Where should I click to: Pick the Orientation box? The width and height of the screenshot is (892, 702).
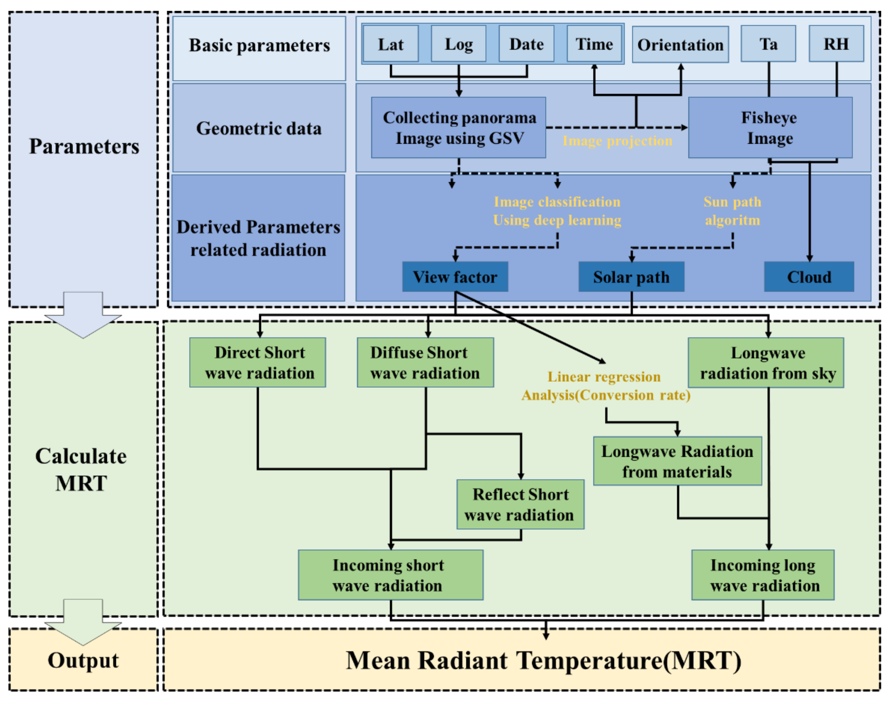[680, 44]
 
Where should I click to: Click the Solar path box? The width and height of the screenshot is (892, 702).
[631, 277]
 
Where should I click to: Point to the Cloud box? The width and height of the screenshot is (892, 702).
[809, 277]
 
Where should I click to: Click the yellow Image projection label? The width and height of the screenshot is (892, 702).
[617, 141]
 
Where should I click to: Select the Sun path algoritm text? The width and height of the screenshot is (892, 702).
[732, 211]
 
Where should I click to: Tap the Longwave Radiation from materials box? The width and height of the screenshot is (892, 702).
[677, 461]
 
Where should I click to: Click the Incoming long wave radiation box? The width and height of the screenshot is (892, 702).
[763, 575]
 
